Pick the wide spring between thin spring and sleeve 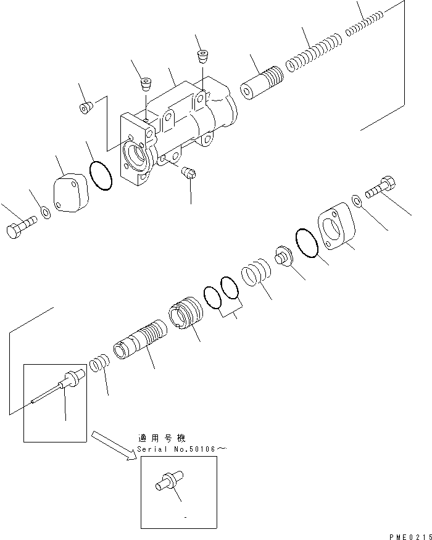tap(314, 54)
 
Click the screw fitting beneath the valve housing tap(190, 175)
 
